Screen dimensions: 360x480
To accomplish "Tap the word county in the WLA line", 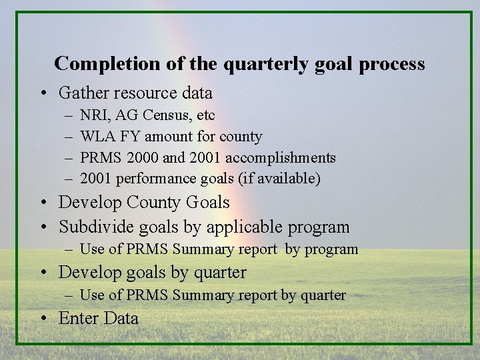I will [x=241, y=137].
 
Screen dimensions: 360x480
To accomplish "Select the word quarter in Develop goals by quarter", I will [x=218, y=273].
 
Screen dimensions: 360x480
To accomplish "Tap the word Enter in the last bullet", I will [x=77, y=319].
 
